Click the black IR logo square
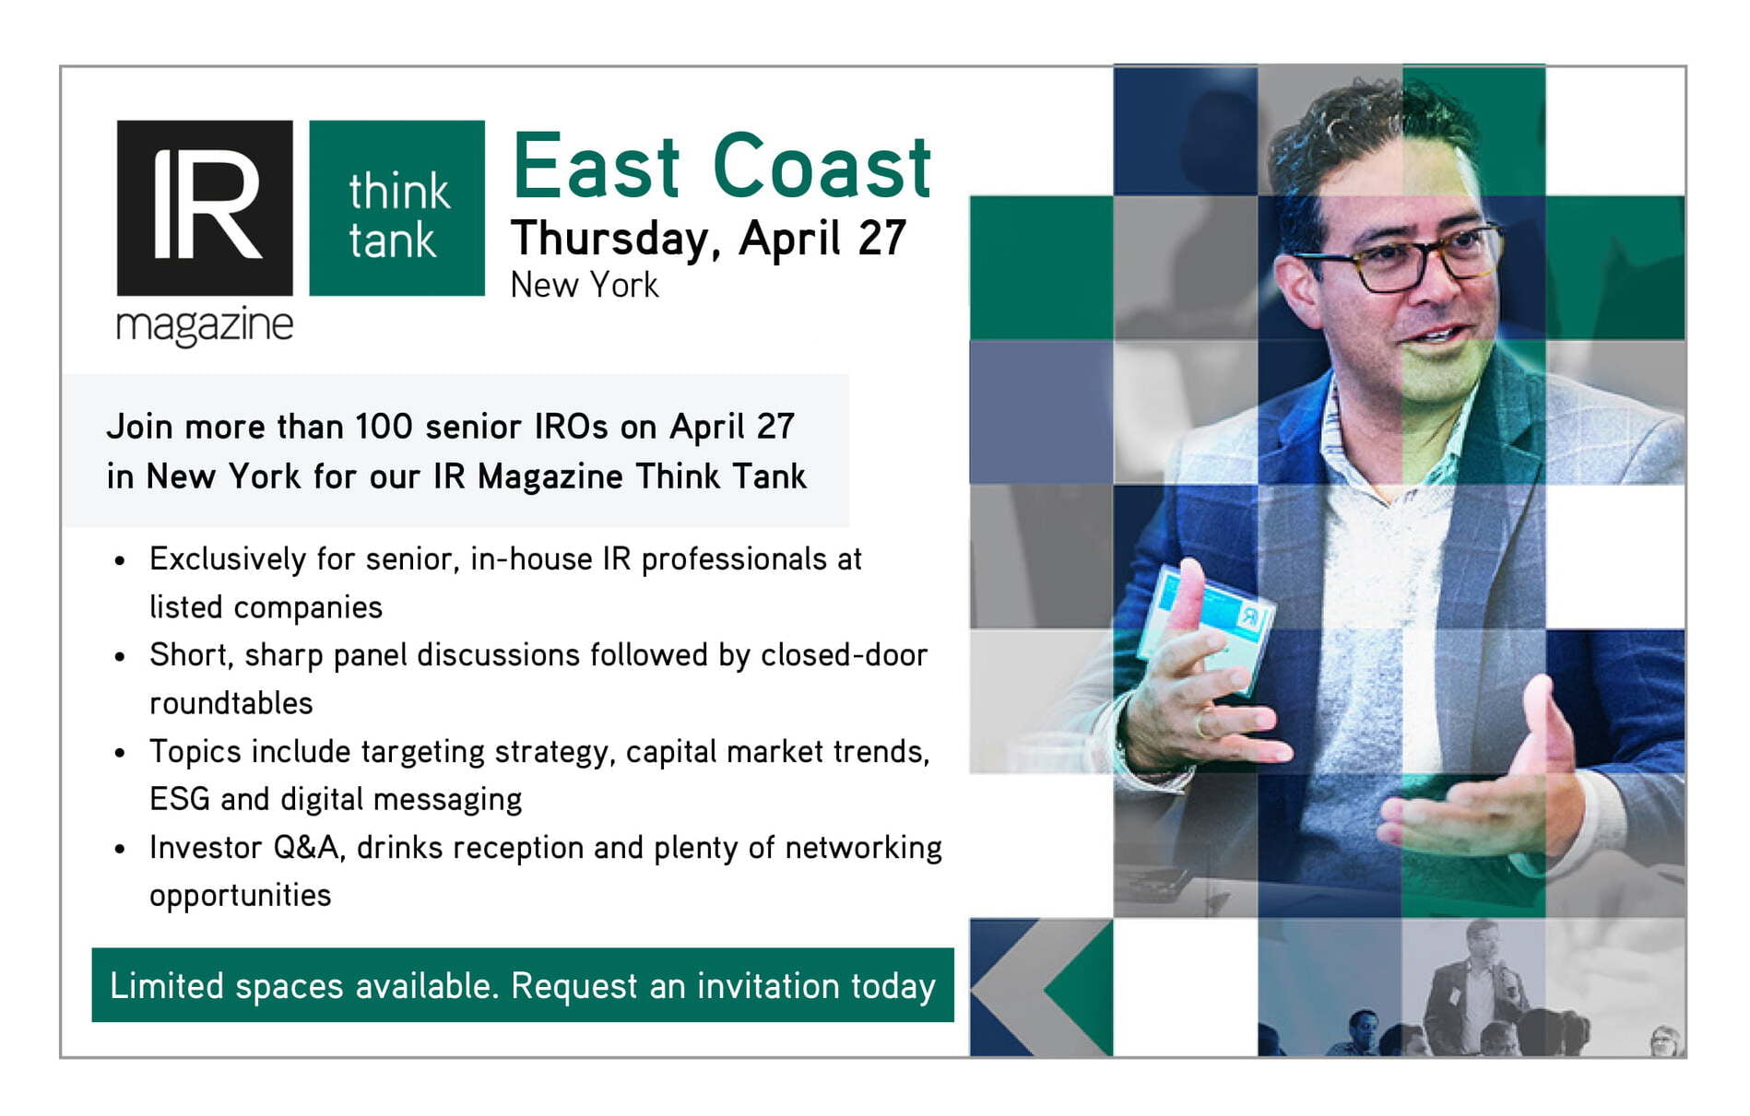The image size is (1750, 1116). pyautogui.click(x=205, y=207)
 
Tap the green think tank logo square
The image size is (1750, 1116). pyautogui.click(x=396, y=207)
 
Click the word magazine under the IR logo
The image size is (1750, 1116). pyautogui.click(x=205, y=326)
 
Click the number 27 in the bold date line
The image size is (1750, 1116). pyautogui.click(x=881, y=238)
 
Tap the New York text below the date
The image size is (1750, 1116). pyautogui.click(x=585, y=285)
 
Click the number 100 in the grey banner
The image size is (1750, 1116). pyautogui.click(x=384, y=427)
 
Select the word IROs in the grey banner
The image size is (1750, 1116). pyautogui.click(x=571, y=427)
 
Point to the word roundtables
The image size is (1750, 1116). pyautogui.click(x=231, y=703)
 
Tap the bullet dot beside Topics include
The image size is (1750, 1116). pyautogui.click(x=120, y=753)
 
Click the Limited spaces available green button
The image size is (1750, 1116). pyautogui.click(x=523, y=985)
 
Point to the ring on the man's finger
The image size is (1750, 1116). pyautogui.click(x=1200, y=724)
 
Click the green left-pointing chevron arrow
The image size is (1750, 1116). pyautogui.click(x=1079, y=988)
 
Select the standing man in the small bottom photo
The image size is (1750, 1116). pyautogui.click(x=1475, y=991)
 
